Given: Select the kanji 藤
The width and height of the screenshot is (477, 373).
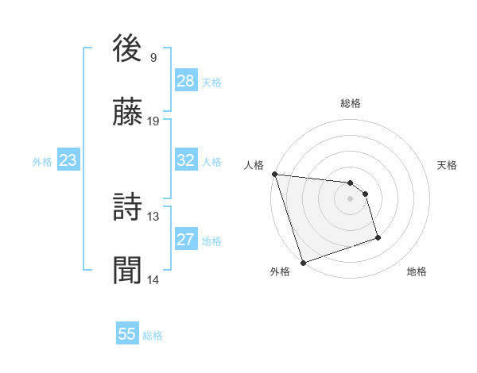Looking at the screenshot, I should (129, 113).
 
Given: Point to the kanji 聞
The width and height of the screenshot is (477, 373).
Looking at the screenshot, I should (129, 271).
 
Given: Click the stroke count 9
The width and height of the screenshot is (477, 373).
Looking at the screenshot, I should (153, 57).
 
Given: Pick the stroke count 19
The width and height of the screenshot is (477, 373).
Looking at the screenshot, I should (153, 121).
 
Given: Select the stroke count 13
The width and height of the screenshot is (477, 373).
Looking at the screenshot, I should (153, 216).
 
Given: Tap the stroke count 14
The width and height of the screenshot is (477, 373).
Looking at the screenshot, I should (153, 279).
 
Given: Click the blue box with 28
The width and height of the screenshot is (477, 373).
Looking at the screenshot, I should (186, 81).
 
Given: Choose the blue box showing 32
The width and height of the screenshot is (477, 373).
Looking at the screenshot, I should (186, 160).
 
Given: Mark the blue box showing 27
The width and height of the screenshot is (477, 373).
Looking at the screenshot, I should (186, 240).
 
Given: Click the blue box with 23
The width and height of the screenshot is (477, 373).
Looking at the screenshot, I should (68, 160).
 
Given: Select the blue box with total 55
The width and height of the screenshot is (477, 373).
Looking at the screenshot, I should (127, 334).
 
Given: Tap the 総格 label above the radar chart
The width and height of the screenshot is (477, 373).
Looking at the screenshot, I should (351, 103).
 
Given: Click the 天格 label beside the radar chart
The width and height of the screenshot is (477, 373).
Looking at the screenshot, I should (448, 165).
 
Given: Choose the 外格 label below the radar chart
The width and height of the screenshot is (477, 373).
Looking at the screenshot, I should (280, 271).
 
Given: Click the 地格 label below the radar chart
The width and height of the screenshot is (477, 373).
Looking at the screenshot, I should (417, 271).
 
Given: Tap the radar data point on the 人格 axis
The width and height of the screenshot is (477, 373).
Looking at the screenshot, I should (274, 174).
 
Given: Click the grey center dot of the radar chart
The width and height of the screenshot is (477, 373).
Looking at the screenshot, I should (351, 198).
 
